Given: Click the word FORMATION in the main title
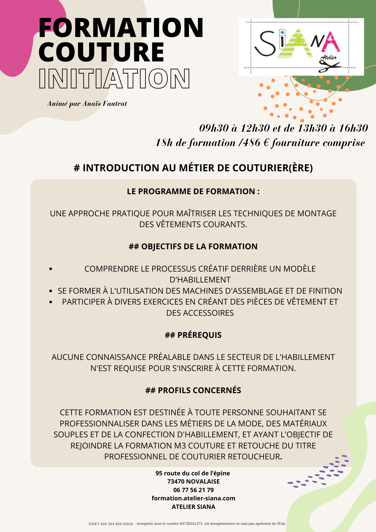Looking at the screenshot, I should (121, 28).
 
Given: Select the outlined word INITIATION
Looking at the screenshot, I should (114, 78).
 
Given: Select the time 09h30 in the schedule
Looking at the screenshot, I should (214, 128).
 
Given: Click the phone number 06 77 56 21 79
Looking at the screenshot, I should (193, 490).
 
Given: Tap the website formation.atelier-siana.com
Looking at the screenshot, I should (193, 498).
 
